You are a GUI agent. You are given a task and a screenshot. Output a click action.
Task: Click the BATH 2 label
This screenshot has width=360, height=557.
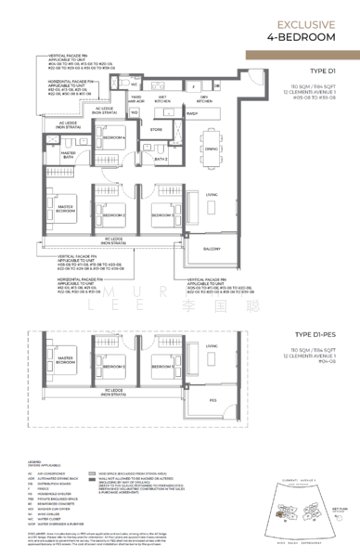point(160,160)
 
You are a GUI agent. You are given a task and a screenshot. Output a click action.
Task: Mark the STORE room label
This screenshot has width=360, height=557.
point(157,131)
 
